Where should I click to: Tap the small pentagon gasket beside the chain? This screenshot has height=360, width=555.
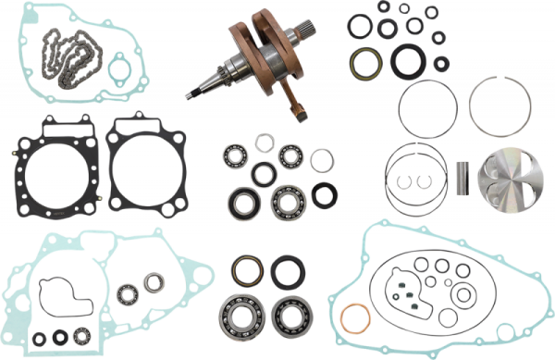pyautogui.click(x=118, y=68)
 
